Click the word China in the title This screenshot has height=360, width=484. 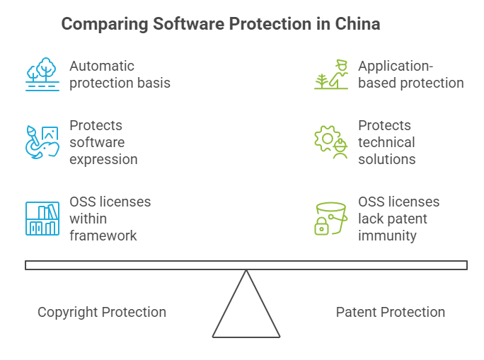pyautogui.click(x=358, y=24)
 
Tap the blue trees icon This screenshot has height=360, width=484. pyautogui.click(x=42, y=74)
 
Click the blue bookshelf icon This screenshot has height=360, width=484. pyautogui.click(x=42, y=219)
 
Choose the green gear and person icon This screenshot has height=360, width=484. pyautogui.click(x=331, y=141)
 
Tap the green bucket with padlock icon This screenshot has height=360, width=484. pyautogui.click(x=331, y=219)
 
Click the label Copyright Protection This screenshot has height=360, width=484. pyautogui.click(x=102, y=312)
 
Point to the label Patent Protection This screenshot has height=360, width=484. pyautogui.click(x=391, y=312)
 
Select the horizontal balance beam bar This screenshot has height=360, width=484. pyautogui.click(x=246, y=265)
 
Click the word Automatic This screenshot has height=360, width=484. pyautogui.click(x=102, y=66)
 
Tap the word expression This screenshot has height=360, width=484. pyautogui.click(x=103, y=159)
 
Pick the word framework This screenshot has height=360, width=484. pyautogui.click(x=103, y=236)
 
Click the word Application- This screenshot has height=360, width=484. pyautogui.click(x=396, y=66)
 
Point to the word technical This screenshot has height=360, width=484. pyautogui.click(x=386, y=142)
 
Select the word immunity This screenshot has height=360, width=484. pyautogui.click(x=387, y=236)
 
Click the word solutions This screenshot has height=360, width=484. pyautogui.click(x=387, y=159)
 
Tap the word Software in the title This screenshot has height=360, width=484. pyautogui.click(x=186, y=24)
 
